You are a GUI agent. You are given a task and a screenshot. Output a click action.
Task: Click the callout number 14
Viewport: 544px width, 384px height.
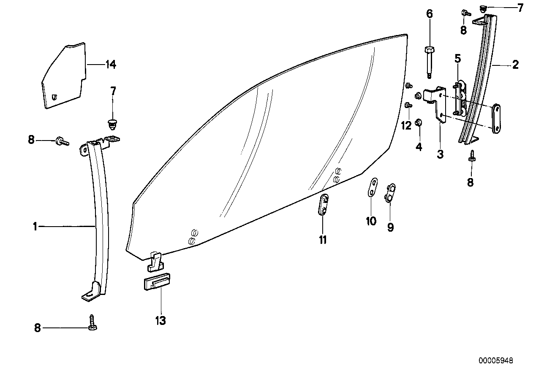(111, 65)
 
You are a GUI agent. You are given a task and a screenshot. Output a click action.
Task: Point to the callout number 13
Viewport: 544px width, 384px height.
(160, 320)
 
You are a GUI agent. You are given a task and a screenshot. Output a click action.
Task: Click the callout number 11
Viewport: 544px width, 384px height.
(323, 240)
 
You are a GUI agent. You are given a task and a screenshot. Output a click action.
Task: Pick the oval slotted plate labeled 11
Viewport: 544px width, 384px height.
(323, 205)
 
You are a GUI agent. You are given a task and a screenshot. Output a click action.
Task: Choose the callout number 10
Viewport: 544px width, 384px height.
(371, 221)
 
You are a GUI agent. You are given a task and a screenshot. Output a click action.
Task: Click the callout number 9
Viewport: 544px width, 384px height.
(391, 227)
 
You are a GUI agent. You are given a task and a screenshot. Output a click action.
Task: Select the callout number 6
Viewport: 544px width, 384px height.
(430, 14)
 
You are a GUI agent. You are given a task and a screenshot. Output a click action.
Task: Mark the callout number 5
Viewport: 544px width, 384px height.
(457, 58)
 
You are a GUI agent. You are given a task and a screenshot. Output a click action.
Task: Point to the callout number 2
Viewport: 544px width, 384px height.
(515, 65)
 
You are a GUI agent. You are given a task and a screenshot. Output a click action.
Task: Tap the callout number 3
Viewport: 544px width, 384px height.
(440, 154)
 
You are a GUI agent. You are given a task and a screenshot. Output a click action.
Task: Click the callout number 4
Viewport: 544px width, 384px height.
(419, 147)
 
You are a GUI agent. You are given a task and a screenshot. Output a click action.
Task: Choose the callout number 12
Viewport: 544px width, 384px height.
(406, 125)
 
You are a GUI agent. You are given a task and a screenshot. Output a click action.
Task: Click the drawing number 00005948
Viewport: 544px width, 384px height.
(496, 361)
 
